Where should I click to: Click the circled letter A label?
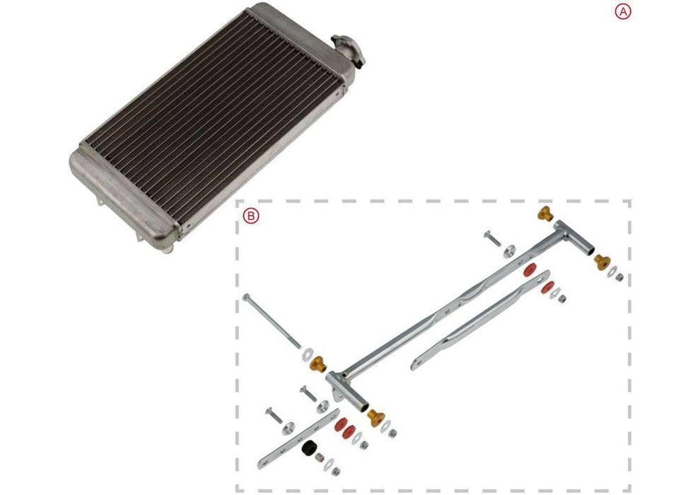point(622,11)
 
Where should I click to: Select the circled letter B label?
point(251,216)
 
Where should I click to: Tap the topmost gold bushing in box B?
point(544,214)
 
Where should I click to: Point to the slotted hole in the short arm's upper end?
point(540,277)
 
